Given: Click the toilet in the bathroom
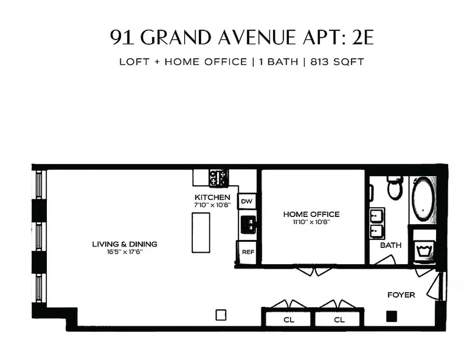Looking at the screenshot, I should (x=395, y=188).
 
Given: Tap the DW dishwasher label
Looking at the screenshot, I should (x=246, y=201).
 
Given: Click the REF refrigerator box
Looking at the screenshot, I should (x=248, y=252).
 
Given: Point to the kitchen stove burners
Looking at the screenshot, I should (x=218, y=178).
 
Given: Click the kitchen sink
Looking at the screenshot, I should (x=247, y=223).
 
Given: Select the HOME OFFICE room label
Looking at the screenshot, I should (x=311, y=214).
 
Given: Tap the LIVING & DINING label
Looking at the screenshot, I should (x=125, y=244).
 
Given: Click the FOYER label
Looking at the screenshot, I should (x=401, y=295).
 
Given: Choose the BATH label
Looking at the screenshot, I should (x=390, y=245).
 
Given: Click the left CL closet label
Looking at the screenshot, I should (x=289, y=320).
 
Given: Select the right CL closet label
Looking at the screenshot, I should (x=339, y=320).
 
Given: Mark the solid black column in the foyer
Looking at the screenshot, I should (x=391, y=316).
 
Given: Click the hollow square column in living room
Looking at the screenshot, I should (x=221, y=315).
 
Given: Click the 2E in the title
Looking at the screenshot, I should (x=363, y=38).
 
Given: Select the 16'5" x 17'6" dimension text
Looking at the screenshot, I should (x=125, y=252).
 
